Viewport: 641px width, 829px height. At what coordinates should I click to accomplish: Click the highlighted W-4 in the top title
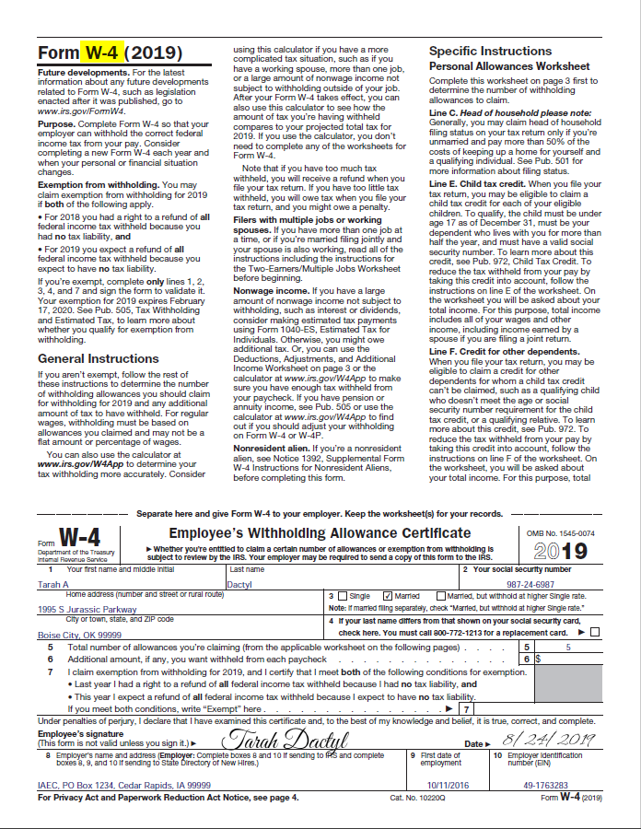pos(100,53)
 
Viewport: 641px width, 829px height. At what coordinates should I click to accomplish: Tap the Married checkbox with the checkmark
pos(388,597)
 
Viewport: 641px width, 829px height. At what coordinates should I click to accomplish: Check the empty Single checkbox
pos(343,597)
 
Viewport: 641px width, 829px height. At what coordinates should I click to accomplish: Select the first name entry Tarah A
pos(53,584)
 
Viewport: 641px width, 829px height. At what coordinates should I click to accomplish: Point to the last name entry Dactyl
pos(239,584)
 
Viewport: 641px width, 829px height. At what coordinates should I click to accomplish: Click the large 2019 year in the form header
pos(560,550)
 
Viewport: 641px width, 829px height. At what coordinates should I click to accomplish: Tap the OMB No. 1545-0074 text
pos(560,533)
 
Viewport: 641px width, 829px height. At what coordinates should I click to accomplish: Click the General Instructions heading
pos(99,358)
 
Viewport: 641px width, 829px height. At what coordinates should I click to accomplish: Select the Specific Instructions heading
pos(490,51)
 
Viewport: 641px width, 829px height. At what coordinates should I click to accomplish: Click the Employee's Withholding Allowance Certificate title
pos(320,533)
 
